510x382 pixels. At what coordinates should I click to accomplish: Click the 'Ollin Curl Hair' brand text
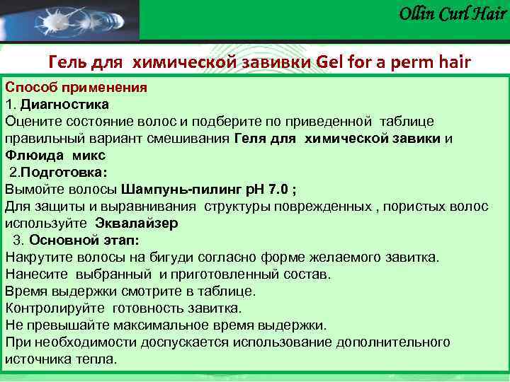[453, 13]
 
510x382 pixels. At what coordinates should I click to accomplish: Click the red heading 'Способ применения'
[76, 88]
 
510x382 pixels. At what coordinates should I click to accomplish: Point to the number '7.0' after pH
[277, 189]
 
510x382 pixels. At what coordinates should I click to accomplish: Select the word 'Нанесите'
[36, 274]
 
